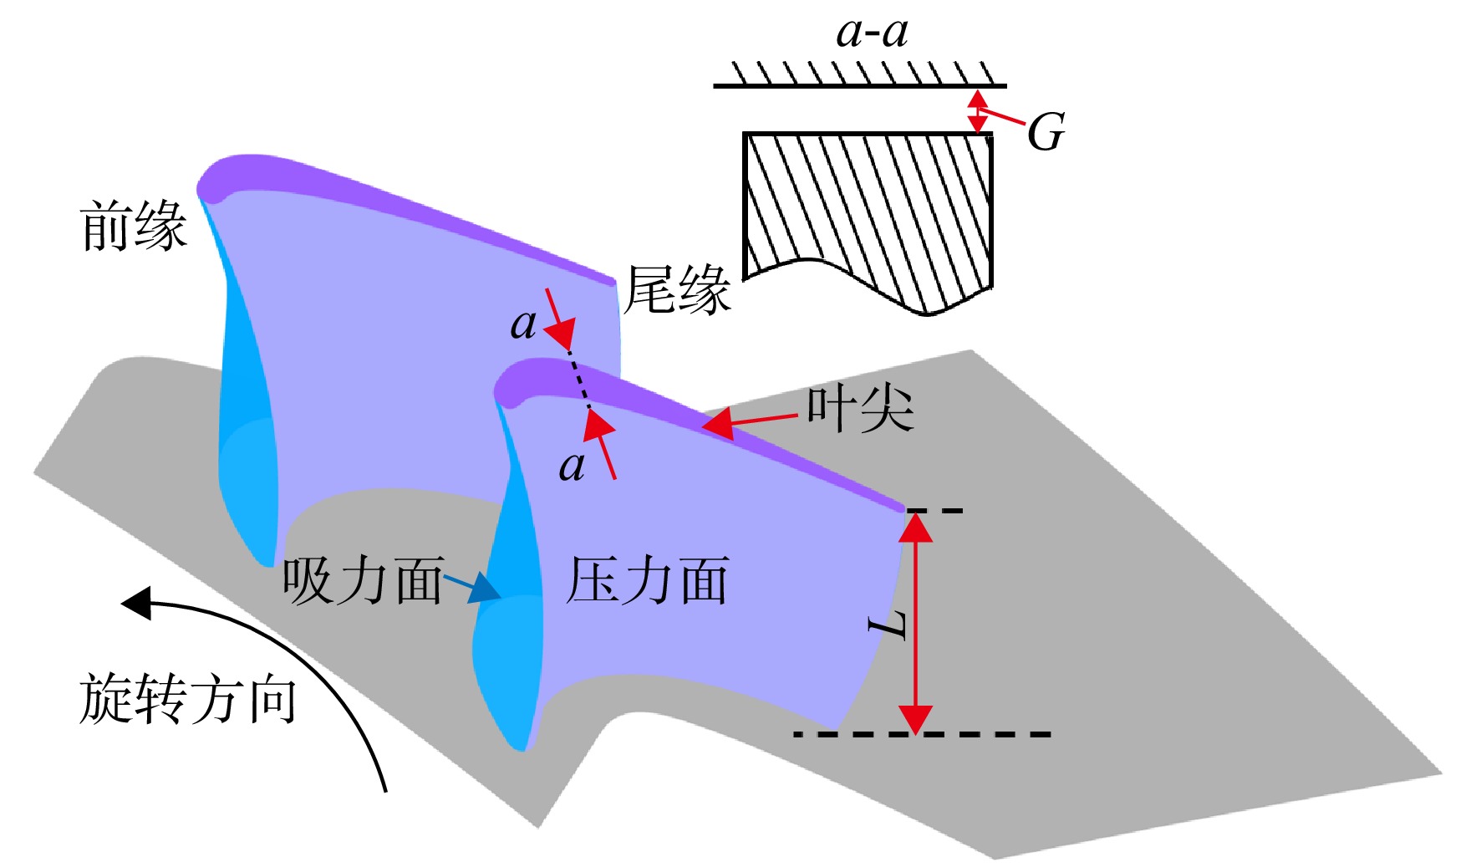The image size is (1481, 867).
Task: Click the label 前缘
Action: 133,226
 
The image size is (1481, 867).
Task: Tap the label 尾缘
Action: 678,290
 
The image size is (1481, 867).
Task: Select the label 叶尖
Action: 860,409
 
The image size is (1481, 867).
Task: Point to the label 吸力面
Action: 362,580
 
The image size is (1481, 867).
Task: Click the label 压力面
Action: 648,580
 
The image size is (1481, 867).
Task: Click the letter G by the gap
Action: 1046,132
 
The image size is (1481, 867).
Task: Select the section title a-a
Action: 872,33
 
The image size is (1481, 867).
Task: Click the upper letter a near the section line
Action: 523,324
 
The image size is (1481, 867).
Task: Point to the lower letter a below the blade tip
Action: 572,466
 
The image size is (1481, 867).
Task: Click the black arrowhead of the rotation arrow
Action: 137,603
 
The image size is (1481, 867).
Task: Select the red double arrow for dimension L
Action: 915,623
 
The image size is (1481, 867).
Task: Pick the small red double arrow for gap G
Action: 977,110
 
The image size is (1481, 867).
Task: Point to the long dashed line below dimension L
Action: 922,734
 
